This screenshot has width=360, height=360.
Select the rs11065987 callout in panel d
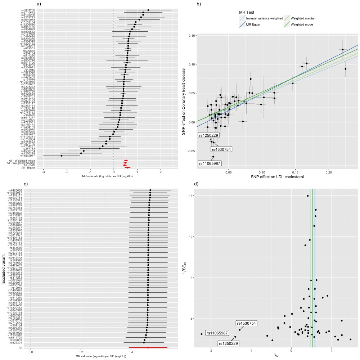[x=217, y=333]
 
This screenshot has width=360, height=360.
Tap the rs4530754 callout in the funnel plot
[x=246, y=323]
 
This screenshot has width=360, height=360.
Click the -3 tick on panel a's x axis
[x=44, y=172]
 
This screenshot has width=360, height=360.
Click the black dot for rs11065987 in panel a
[x=62, y=156]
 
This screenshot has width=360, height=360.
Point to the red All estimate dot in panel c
[x=148, y=347]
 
